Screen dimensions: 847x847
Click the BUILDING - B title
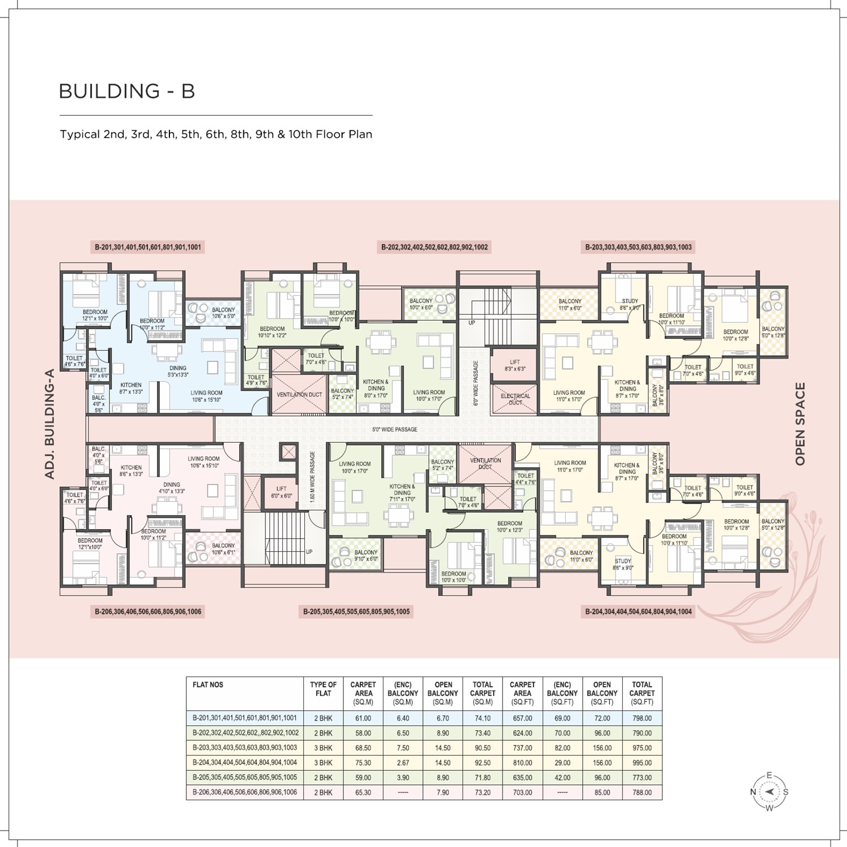[x=127, y=91]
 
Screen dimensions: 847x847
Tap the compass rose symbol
[x=769, y=792]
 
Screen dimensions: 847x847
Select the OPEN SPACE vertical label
[x=800, y=424]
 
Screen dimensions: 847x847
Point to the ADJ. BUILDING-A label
[x=50, y=424]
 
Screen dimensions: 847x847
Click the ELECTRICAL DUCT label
[x=515, y=399]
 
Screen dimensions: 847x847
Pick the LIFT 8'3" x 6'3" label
[x=514, y=365]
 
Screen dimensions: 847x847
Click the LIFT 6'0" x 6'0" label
[x=281, y=492]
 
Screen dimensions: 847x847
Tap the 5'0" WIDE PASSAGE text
[x=395, y=430]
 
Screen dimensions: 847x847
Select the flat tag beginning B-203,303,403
[x=638, y=247]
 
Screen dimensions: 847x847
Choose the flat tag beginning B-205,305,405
[x=356, y=612]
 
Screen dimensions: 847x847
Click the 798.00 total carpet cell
[x=642, y=718]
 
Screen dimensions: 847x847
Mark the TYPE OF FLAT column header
[x=323, y=689]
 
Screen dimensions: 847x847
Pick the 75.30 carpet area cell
[x=363, y=763]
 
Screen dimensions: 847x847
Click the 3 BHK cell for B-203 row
[x=323, y=748]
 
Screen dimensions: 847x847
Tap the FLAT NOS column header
[x=208, y=685]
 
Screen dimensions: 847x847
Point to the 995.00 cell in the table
[x=642, y=763]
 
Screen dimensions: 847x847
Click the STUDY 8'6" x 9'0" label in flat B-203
[x=630, y=304]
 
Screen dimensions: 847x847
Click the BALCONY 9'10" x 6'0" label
[x=366, y=556]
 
